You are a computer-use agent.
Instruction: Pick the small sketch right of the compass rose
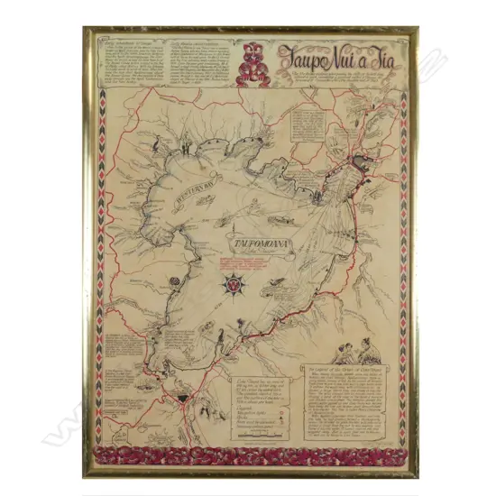[x=268, y=289]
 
